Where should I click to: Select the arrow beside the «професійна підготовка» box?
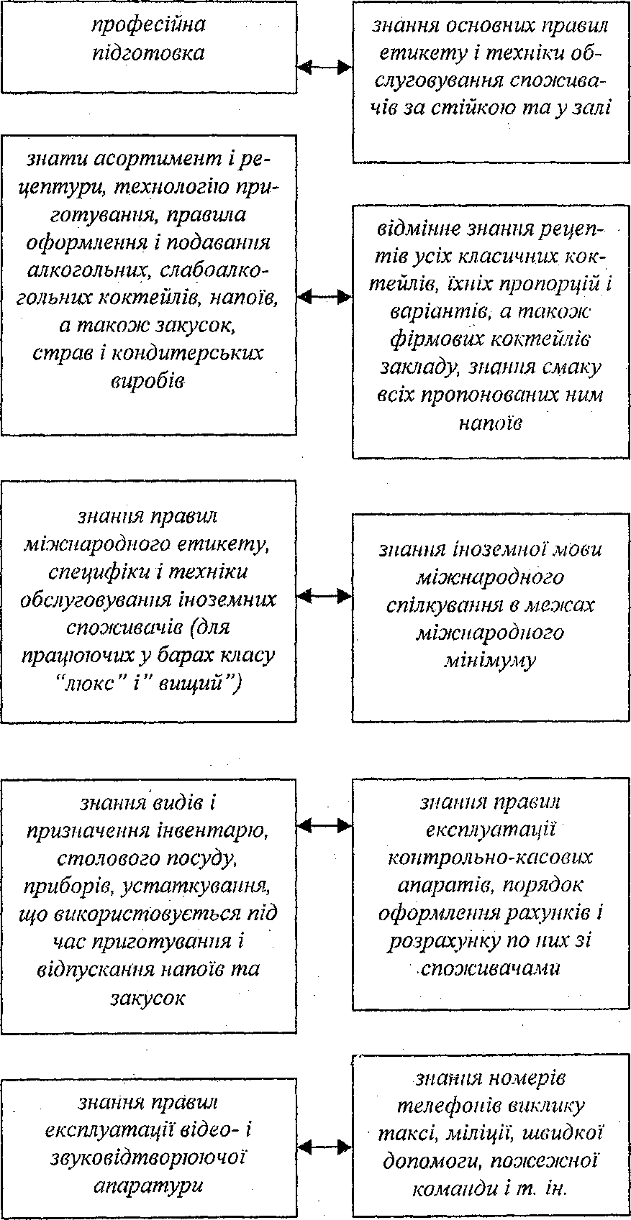point(324,68)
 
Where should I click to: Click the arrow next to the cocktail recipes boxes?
point(324,296)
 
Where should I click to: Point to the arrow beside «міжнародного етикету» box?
point(324,596)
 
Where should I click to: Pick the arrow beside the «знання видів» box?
point(324,825)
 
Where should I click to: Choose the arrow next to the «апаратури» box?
point(324,1147)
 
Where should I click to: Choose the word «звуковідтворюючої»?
point(148,1158)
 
